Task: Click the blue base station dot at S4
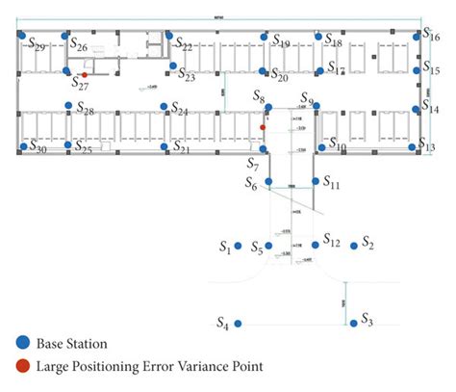tap(239, 324)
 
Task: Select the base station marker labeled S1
tap(238, 247)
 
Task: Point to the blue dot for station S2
tap(354, 247)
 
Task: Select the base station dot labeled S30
tap(23, 146)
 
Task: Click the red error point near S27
tap(85, 74)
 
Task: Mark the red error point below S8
tap(263, 125)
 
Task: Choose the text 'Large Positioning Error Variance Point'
tap(149, 365)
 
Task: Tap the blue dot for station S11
tap(313, 180)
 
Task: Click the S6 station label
tap(250, 183)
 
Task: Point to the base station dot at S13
tap(414, 146)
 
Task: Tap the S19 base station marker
tap(264, 38)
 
